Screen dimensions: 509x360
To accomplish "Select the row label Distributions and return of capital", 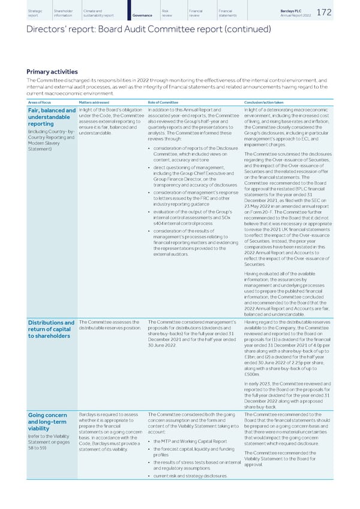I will coord(43,330).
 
